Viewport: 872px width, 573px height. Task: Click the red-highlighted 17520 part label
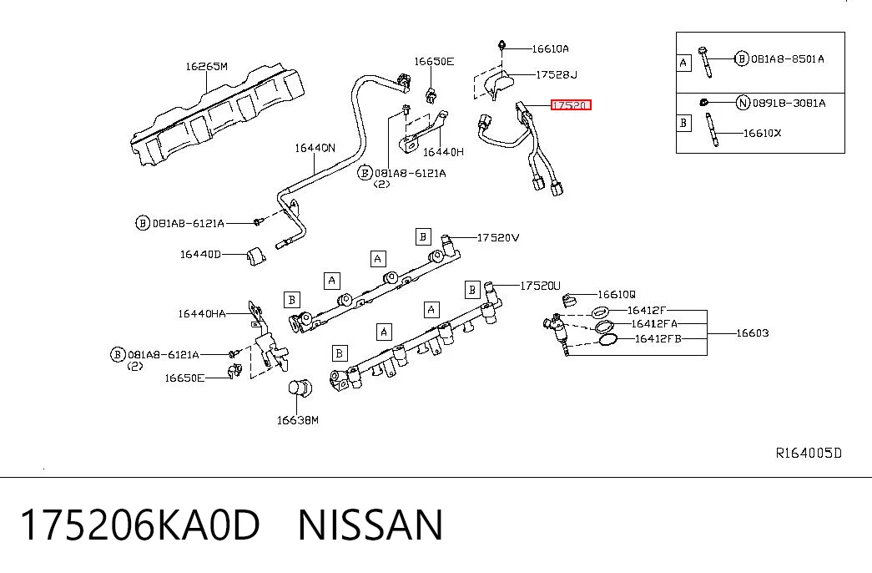[571, 104]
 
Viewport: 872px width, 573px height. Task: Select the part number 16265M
[206, 66]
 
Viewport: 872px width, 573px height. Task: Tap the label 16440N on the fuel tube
[315, 148]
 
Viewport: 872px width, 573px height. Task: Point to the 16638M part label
[298, 420]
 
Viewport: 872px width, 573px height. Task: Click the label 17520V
[498, 238]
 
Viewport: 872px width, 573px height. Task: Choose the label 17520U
[541, 286]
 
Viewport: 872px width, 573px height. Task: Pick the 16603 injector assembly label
[753, 333]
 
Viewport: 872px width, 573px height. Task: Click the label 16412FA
[654, 323]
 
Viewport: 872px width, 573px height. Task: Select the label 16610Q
[616, 294]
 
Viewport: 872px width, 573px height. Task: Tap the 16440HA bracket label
[202, 314]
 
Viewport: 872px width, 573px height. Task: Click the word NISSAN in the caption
[370, 525]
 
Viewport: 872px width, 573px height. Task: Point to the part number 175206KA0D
[140, 525]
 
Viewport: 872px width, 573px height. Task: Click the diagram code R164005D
[809, 454]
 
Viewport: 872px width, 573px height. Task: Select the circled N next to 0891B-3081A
[743, 103]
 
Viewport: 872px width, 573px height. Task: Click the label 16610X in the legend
[763, 133]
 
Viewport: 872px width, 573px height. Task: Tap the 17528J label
[557, 74]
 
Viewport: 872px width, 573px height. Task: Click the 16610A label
[551, 49]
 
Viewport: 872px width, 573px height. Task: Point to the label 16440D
[200, 255]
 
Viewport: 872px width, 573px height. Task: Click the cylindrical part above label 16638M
[300, 388]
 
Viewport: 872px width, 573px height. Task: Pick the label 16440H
[443, 152]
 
